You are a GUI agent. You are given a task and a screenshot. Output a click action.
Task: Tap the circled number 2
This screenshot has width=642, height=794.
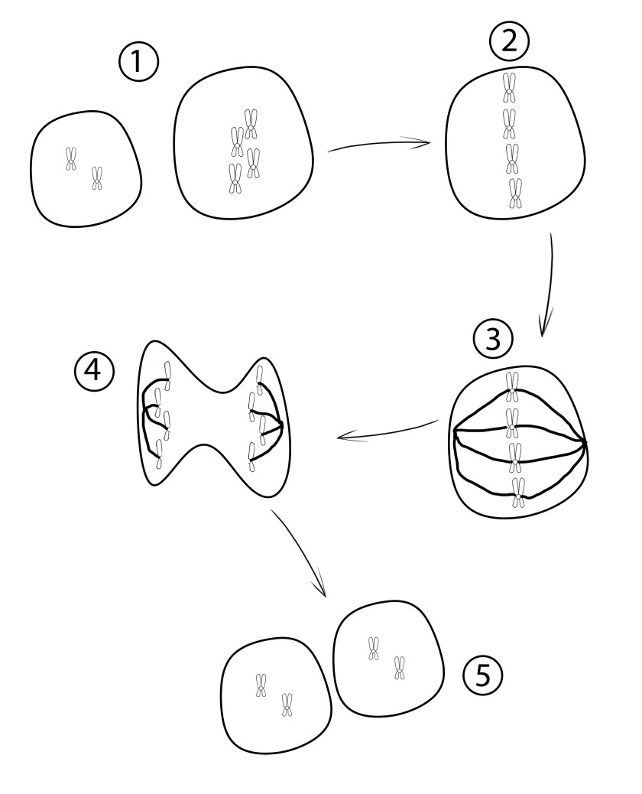click(x=510, y=42)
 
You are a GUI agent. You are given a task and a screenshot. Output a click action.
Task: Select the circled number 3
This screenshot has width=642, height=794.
click(x=493, y=340)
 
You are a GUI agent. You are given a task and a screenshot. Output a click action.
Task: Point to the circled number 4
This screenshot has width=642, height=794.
click(x=95, y=371)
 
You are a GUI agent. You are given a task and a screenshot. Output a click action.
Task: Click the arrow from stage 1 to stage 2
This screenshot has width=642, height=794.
click(x=379, y=145)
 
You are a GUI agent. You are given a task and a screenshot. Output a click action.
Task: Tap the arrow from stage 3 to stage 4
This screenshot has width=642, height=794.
click(x=387, y=431)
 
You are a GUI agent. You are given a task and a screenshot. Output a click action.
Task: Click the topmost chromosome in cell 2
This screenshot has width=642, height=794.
click(x=510, y=87)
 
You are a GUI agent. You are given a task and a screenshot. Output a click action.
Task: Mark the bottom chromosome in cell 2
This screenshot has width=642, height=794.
click(x=515, y=194)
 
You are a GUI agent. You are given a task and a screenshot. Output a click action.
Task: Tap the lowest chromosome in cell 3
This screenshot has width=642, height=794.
click(x=518, y=493)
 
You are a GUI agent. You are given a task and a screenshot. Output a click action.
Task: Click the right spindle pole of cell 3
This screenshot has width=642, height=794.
click(x=585, y=444)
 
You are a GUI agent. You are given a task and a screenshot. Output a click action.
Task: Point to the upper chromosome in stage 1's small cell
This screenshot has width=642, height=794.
click(x=71, y=159)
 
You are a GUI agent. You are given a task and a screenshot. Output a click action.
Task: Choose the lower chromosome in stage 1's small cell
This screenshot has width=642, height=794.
click(x=96, y=178)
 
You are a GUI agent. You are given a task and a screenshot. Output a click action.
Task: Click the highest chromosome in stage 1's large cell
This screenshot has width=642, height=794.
click(x=251, y=124)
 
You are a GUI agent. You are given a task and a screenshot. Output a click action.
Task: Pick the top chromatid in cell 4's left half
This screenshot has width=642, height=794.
click(x=168, y=373)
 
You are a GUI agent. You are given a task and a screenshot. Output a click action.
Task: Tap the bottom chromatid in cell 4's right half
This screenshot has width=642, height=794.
click(x=252, y=457)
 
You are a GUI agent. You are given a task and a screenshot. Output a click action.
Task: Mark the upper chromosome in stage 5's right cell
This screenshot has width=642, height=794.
click(x=374, y=649)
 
